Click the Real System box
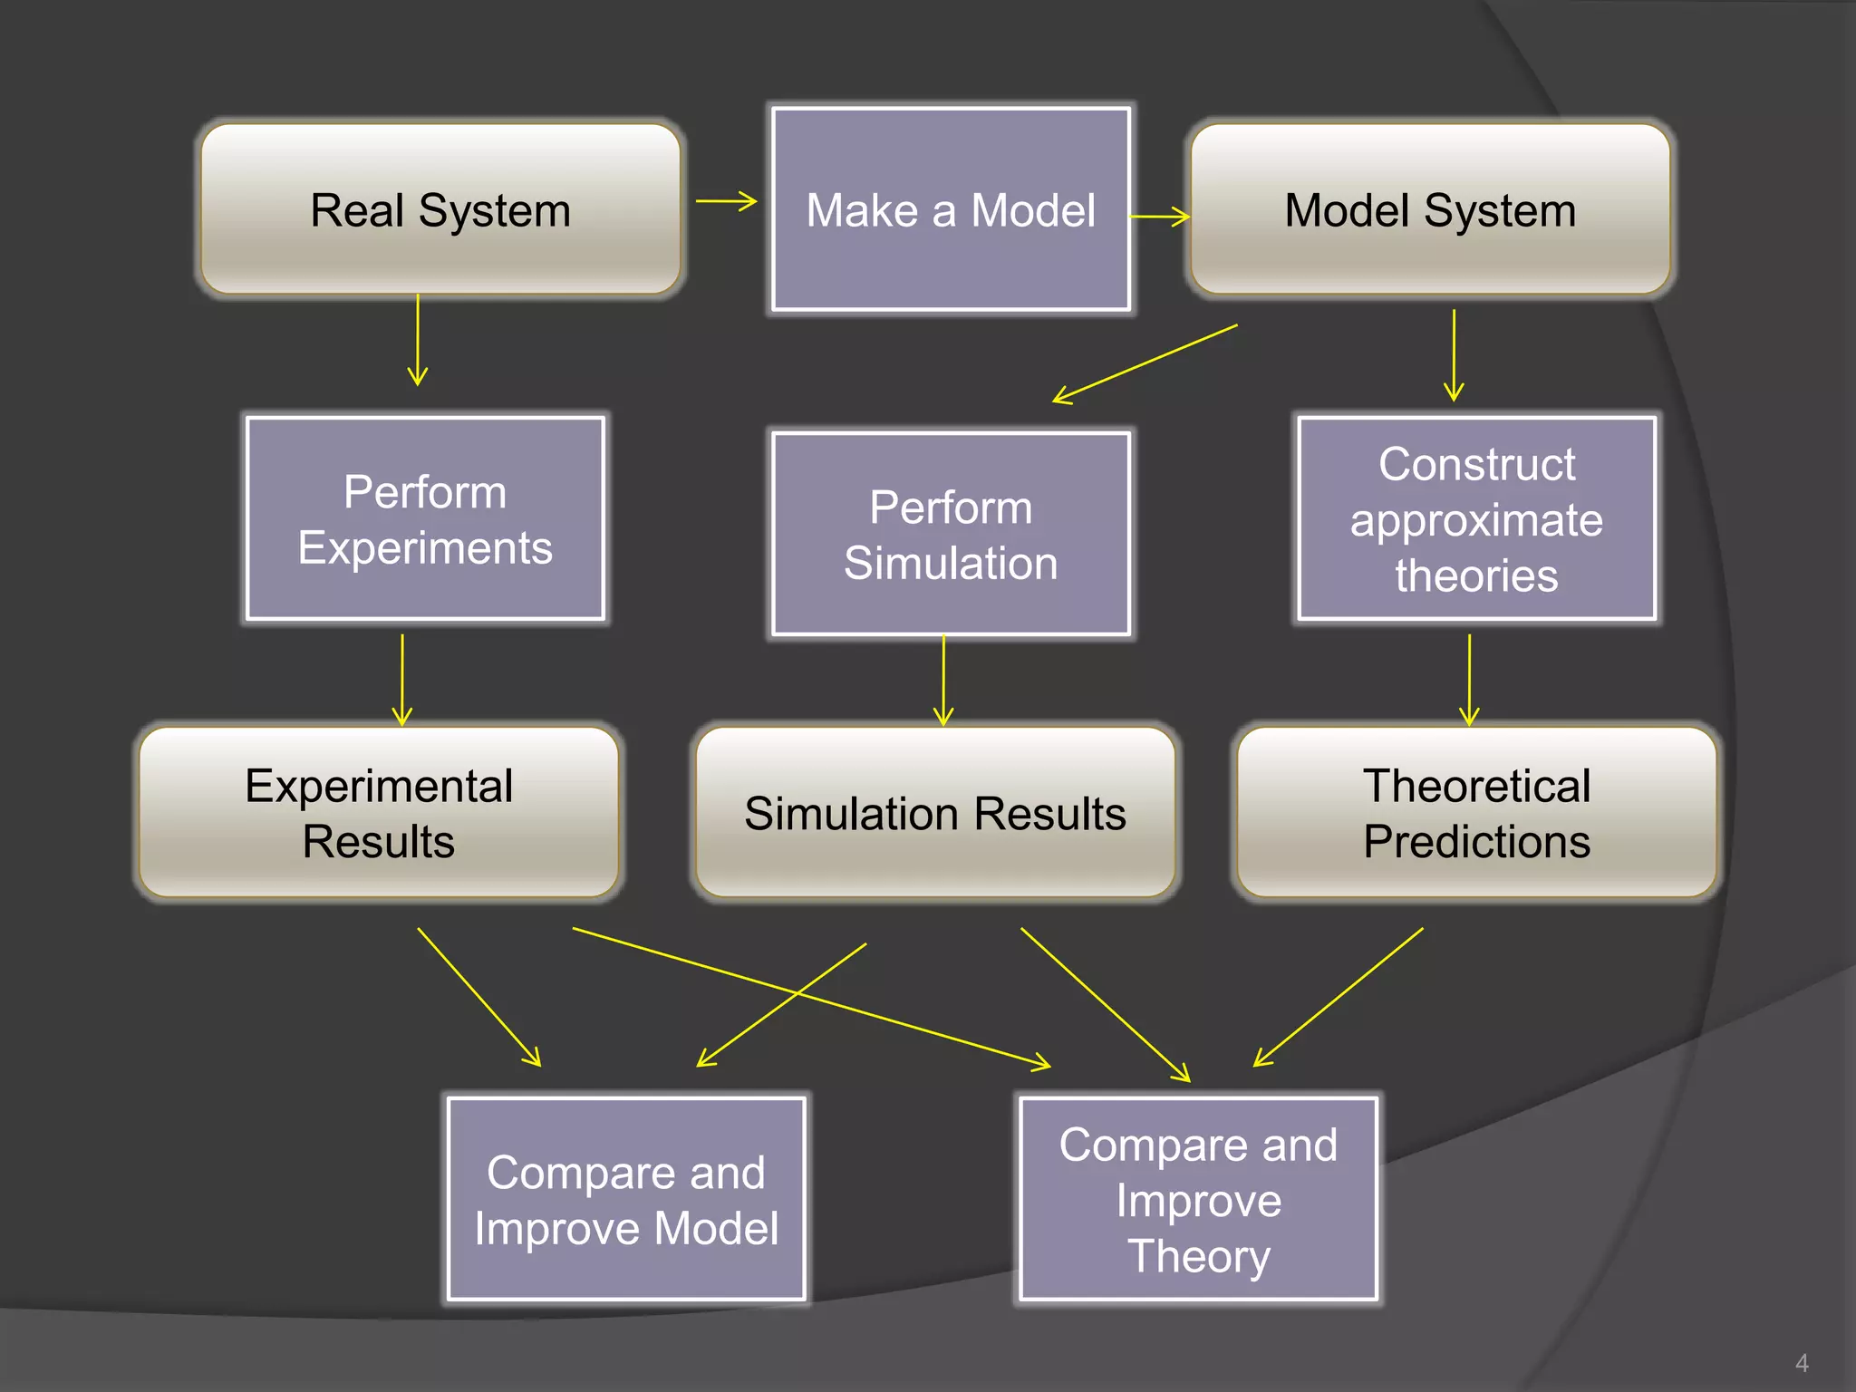click(440, 209)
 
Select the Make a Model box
click(951, 209)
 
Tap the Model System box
click(1430, 209)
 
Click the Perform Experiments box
click(425, 518)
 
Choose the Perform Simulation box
click(951, 534)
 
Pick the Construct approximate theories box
click(1476, 518)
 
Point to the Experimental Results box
click(379, 812)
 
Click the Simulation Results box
click(935, 812)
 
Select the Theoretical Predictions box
click(1476, 812)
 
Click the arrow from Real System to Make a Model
click(726, 201)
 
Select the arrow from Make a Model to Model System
click(1159, 217)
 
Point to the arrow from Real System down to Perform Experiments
click(418, 340)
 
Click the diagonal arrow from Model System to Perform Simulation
click(1145, 363)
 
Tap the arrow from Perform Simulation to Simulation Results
click(943, 680)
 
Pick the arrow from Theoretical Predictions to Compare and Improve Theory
click(1338, 997)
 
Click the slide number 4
click(1802, 1363)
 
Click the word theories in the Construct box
click(1476, 576)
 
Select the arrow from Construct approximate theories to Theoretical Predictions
click(1469, 680)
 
